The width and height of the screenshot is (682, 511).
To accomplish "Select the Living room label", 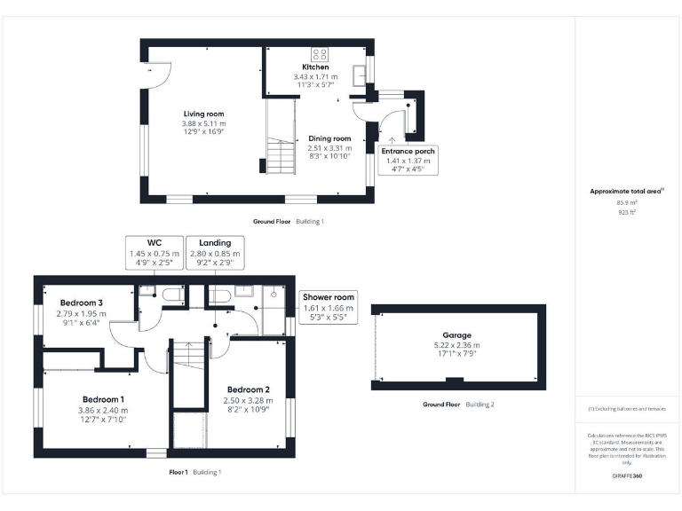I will tap(203, 114).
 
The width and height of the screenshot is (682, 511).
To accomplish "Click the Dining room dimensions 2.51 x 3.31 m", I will tap(329, 148).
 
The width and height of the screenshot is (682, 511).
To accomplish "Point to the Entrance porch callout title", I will tap(408, 151).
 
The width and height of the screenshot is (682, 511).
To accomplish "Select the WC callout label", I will tap(154, 242).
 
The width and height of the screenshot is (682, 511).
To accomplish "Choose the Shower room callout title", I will tap(328, 297).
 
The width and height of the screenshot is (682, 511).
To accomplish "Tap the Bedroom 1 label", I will tap(104, 399).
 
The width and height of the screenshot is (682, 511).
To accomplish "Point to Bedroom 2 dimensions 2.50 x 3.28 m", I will tap(248, 401).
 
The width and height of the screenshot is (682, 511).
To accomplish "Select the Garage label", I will tap(458, 335).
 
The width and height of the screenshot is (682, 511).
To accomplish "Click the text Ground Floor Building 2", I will tap(458, 404).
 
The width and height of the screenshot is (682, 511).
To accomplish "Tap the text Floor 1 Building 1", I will tap(194, 472).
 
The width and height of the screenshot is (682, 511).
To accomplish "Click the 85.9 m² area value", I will tap(627, 202).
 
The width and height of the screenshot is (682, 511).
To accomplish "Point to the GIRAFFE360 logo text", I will tap(627, 476).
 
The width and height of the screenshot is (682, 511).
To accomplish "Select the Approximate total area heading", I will tap(627, 191).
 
